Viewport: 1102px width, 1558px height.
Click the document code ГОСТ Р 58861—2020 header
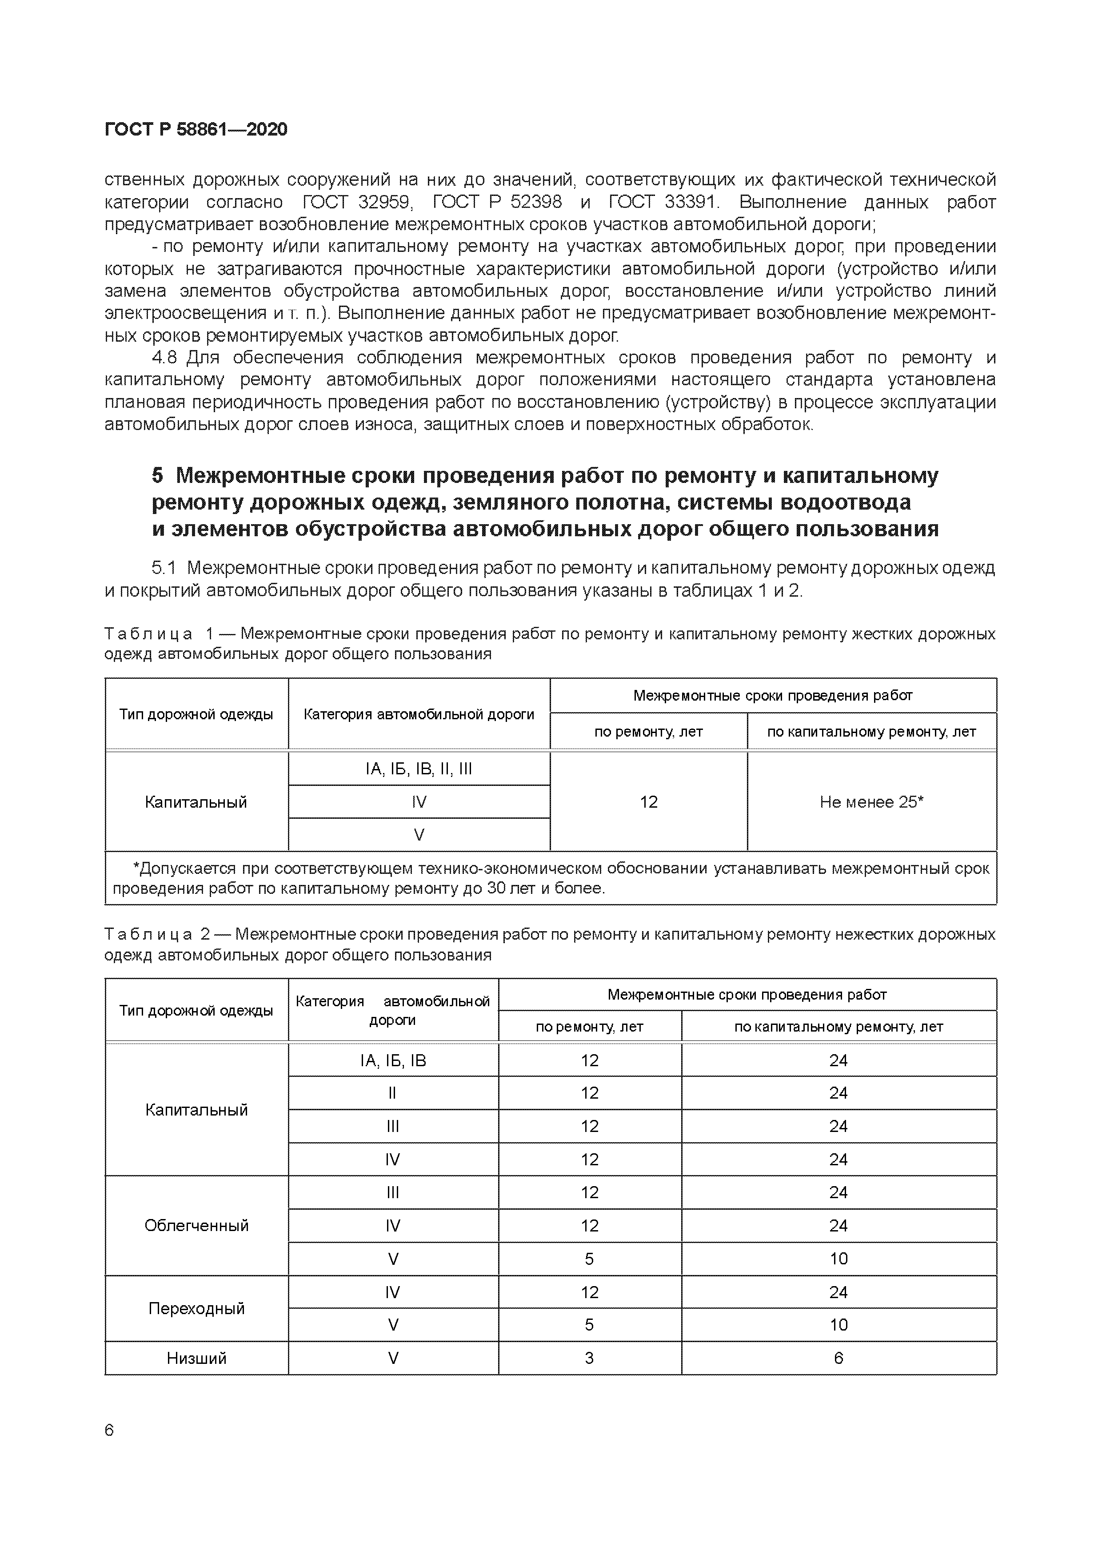[196, 130]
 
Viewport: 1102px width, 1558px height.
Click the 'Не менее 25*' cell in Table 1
[871, 802]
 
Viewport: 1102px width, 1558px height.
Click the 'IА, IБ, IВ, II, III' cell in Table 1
[419, 769]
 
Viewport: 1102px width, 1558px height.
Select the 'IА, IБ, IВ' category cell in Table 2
[393, 1060]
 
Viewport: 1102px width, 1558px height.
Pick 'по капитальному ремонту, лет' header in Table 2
[838, 1027]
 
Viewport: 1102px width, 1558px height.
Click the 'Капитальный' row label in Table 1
[196, 802]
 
